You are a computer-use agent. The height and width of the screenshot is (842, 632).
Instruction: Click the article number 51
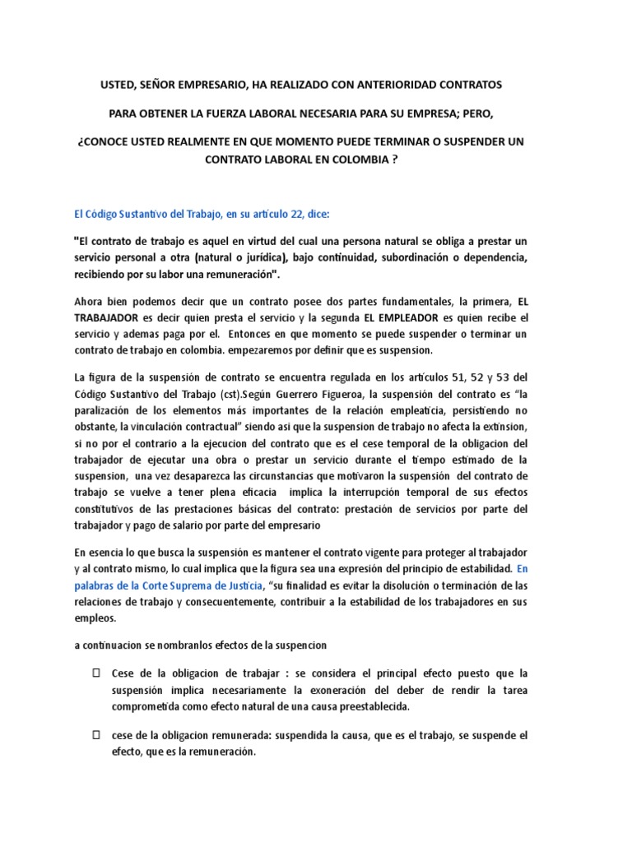tap(453, 377)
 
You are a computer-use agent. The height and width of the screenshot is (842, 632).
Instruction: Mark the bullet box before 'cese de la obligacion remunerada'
tap(97, 735)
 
